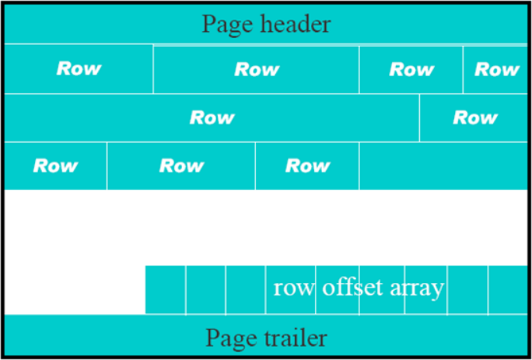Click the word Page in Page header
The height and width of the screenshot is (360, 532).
coord(222,24)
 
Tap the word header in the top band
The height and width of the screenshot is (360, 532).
coord(290,24)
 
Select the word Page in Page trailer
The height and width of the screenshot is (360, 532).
coord(226,339)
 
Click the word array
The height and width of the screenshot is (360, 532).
coord(417,288)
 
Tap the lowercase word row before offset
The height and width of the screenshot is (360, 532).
coord(294,289)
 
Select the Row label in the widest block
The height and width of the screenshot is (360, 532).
coord(212,117)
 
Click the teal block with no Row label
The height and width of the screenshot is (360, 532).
coord(443,166)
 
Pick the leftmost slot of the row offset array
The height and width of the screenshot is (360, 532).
coord(165,290)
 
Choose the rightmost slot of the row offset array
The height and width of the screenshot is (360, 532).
coord(508,290)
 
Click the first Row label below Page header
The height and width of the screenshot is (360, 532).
coord(79,68)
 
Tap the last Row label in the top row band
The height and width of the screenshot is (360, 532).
coord(497,69)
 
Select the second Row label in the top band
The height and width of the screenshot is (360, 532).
coord(257,69)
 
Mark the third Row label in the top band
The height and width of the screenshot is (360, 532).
coord(411,69)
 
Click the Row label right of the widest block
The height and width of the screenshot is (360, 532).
coord(475,117)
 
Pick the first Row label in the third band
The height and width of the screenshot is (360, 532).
coord(56,166)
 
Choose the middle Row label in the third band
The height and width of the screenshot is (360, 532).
coord(182,166)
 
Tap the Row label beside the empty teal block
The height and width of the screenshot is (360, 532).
coord(308,166)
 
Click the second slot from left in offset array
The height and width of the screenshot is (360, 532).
coord(205,290)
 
